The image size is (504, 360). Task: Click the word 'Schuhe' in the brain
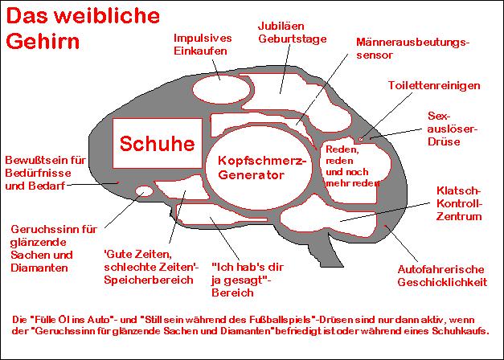[x=157, y=144]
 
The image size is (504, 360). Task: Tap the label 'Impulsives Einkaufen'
[x=203, y=44]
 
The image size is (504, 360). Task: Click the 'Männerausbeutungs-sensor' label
[x=412, y=48]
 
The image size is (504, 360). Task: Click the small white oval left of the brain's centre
[x=145, y=192]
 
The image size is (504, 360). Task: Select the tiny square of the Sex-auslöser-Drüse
[x=362, y=139]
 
